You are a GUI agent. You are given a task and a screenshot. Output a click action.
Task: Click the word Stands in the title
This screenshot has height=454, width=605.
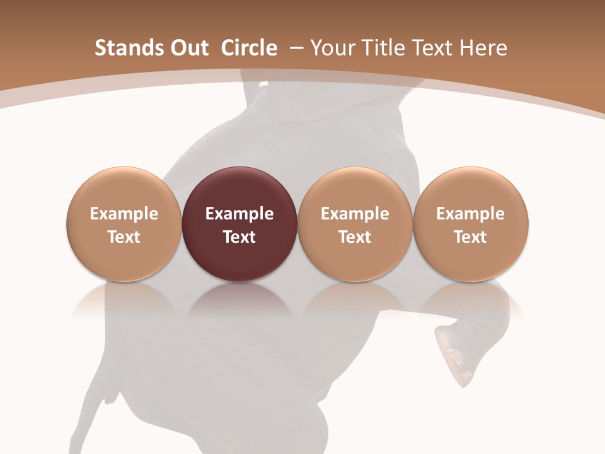[126, 48]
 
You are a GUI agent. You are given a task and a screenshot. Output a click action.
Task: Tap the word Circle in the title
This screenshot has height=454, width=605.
[249, 48]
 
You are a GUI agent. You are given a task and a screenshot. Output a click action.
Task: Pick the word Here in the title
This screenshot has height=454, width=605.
[484, 48]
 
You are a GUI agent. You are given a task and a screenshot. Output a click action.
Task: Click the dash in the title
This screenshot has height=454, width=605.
[295, 48]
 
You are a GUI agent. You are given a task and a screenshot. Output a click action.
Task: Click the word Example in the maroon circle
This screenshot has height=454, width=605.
[239, 214]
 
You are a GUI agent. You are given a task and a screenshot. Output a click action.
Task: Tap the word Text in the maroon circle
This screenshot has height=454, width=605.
[239, 237]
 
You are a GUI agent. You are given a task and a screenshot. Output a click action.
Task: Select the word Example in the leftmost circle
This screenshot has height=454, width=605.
[124, 214]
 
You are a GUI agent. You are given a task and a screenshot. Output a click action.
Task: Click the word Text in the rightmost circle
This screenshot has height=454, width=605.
[470, 237]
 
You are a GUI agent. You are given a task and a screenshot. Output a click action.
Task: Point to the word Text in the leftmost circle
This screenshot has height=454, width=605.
[124, 237]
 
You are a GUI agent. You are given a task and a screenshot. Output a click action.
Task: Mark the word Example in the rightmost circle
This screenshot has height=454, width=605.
[470, 214]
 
